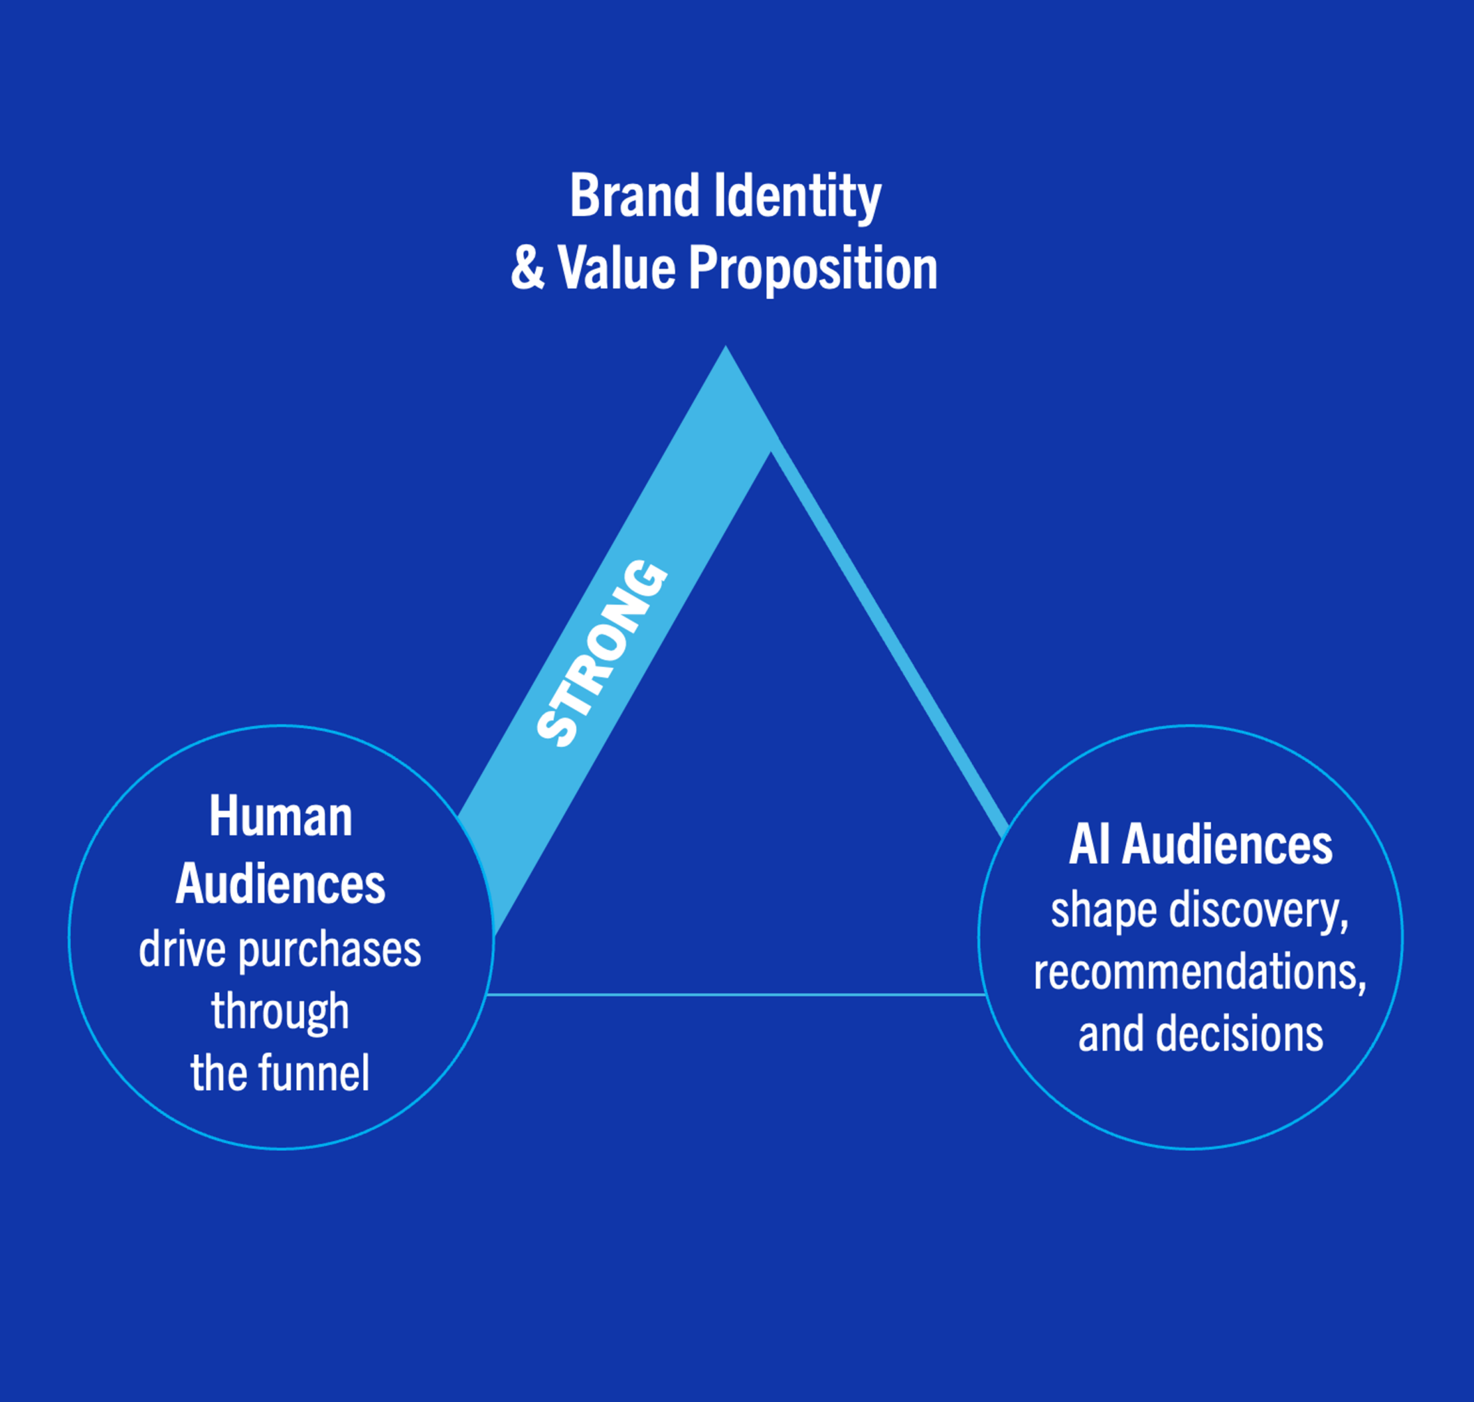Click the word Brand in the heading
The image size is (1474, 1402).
click(633, 196)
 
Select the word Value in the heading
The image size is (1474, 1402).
click(616, 268)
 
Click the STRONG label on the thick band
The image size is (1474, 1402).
click(602, 653)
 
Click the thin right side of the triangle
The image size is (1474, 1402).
click(890, 643)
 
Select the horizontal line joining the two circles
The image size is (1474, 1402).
click(736, 994)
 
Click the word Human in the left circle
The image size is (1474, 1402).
click(280, 817)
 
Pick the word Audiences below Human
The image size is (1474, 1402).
click(280, 884)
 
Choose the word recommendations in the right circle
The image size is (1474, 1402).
click(1200, 973)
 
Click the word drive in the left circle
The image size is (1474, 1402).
click(182, 950)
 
